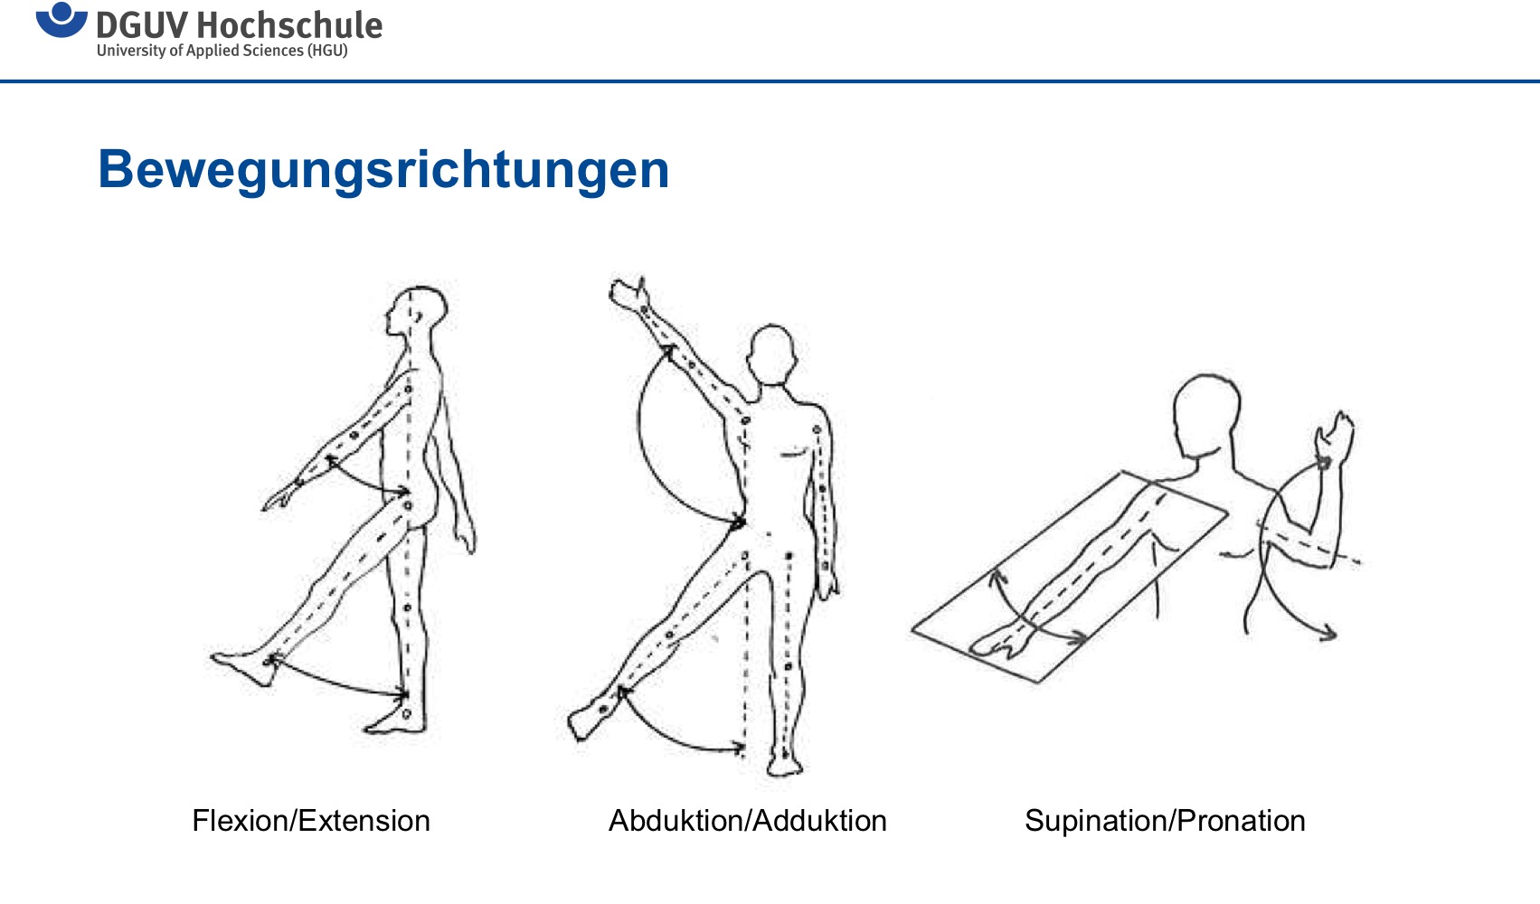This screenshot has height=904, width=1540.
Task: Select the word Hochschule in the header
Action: pos(289,25)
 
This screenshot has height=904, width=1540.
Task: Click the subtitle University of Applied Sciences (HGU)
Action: pos(222,51)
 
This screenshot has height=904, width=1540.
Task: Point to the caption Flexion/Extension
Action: pos(311,821)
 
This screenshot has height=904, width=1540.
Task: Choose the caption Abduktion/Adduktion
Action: pos(747,821)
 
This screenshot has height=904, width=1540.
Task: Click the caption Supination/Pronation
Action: pos(1165,821)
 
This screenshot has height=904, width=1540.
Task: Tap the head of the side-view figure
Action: pos(417,311)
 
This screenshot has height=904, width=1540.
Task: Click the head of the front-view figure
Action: pos(772,354)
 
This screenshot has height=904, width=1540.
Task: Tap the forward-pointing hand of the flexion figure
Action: pos(282,496)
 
